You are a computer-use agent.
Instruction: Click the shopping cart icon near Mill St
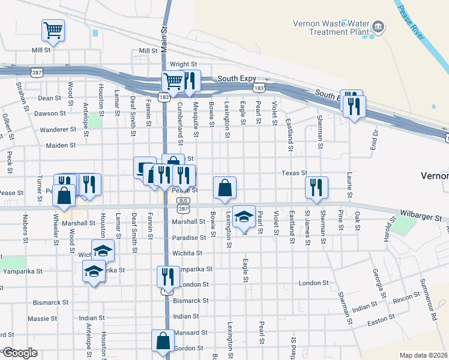pyautogui.click(x=53, y=30)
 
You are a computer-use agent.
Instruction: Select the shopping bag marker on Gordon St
pyautogui.click(x=163, y=341)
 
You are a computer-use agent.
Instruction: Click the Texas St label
pyautogui.click(x=295, y=173)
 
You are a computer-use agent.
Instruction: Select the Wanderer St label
pyautogui.click(x=58, y=129)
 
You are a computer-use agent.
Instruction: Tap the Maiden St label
pyautogui.click(x=62, y=145)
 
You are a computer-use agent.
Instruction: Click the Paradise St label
pyautogui.click(x=189, y=237)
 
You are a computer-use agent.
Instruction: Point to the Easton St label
pyautogui.click(x=381, y=319)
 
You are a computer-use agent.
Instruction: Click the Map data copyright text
pyautogui.click(x=423, y=355)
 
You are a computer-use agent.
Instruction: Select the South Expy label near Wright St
pyautogui.click(x=237, y=79)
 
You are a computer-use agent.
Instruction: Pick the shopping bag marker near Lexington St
pyautogui.click(x=224, y=187)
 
